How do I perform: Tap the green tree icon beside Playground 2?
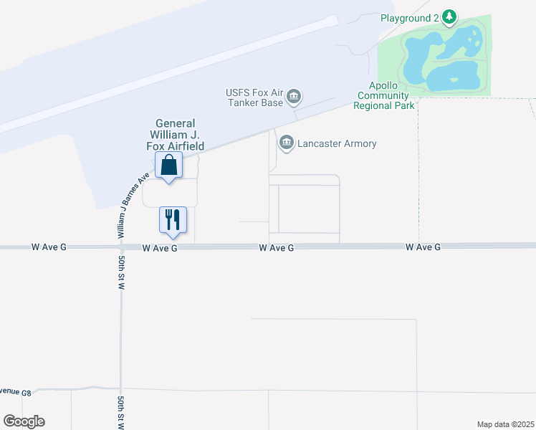click(x=449, y=16)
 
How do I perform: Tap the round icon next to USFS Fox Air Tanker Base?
click(x=295, y=97)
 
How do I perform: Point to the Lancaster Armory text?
click(x=338, y=143)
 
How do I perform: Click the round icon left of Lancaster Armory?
click(x=287, y=143)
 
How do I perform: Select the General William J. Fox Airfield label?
click(x=176, y=135)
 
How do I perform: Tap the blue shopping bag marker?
click(x=169, y=166)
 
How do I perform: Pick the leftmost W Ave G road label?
click(x=49, y=247)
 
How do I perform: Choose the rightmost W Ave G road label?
click(x=423, y=247)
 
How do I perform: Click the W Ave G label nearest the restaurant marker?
click(x=159, y=248)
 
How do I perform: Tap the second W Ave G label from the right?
click(x=277, y=247)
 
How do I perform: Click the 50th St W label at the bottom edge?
click(x=121, y=412)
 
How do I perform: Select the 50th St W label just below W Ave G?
click(x=121, y=271)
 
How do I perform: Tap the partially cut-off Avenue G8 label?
click(x=16, y=392)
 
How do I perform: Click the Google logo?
click(x=24, y=421)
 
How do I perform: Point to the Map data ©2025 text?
click(x=505, y=424)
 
